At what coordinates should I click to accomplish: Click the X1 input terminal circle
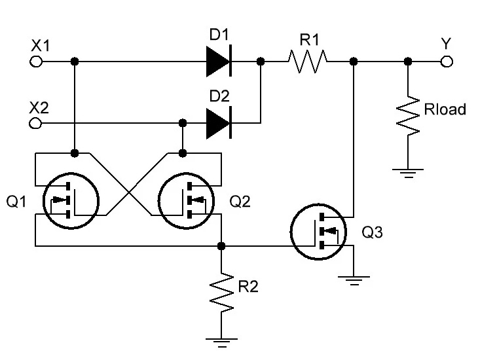coord(36,62)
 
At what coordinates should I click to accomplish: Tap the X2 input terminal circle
coord(35,123)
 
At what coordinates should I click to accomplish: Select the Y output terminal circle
coord(447,62)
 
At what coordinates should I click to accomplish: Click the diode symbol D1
coord(219,62)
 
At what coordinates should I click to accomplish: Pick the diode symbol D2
coord(219,123)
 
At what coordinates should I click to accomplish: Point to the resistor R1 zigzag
coord(308,62)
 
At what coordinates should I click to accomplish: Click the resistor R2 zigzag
coord(221,292)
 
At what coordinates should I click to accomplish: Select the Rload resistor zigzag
coord(408,116)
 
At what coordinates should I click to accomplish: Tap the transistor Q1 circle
coord(71,200)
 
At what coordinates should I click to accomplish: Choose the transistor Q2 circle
coord(186,200)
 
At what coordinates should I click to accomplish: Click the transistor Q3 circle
coord(319,232)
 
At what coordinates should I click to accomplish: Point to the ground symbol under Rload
coord(408,173)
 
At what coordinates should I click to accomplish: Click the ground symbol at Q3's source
coord(354,281)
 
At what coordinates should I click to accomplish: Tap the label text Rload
coord(445,109)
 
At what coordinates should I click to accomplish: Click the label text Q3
coord(372,232)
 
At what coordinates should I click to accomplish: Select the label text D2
coord(219,96)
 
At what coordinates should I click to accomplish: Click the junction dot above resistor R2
coord(221,245)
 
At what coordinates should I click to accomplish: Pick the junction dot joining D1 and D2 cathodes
coord(261,62)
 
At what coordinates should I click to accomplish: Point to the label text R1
coord(310,40)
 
